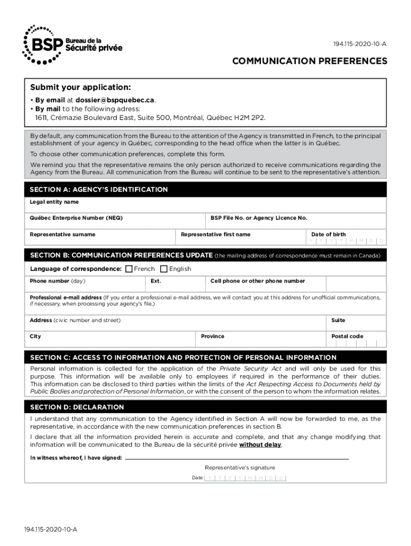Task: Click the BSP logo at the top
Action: click(72, 44)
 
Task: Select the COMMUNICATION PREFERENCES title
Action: click(310, 61)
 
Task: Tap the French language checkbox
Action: click(129, 269)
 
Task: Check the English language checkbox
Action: click(164, 269)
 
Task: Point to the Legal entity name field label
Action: click(54, 202)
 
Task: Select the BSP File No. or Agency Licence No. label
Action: click(259, 218)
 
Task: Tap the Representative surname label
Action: click(62, 234)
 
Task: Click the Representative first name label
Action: click(215, 234)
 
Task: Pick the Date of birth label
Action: click(328, 234)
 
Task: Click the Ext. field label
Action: click(156, 281)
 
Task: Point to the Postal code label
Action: click(347, 336)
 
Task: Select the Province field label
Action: click(212, 336)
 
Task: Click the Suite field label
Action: click(338, 320)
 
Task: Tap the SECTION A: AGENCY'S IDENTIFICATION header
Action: click(99, 190)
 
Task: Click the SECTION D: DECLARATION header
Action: click(77, 407)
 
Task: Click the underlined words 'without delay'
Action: click(260, 445)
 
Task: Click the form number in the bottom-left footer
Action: click(50, 529)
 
